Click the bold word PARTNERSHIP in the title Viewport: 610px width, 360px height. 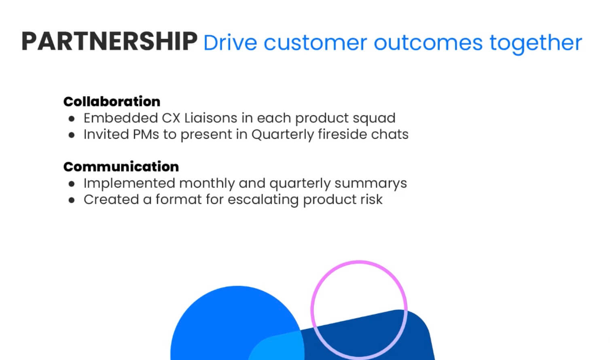pos(109,41)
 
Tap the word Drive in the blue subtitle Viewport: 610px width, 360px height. pos(230,43)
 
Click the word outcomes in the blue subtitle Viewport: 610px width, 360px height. pos(428,43)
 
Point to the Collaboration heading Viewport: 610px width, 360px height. pos(112,101)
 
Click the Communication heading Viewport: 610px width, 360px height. pos(121,166)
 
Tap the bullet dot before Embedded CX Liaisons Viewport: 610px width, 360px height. pos(72,119)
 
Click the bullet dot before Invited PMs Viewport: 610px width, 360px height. pos(72,135)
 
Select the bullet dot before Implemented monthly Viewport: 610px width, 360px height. pos(72,184)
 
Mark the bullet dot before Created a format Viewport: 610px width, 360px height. pos(72,200)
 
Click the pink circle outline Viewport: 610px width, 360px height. pos(359,262)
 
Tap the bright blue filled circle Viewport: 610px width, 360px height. pos(218,320)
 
